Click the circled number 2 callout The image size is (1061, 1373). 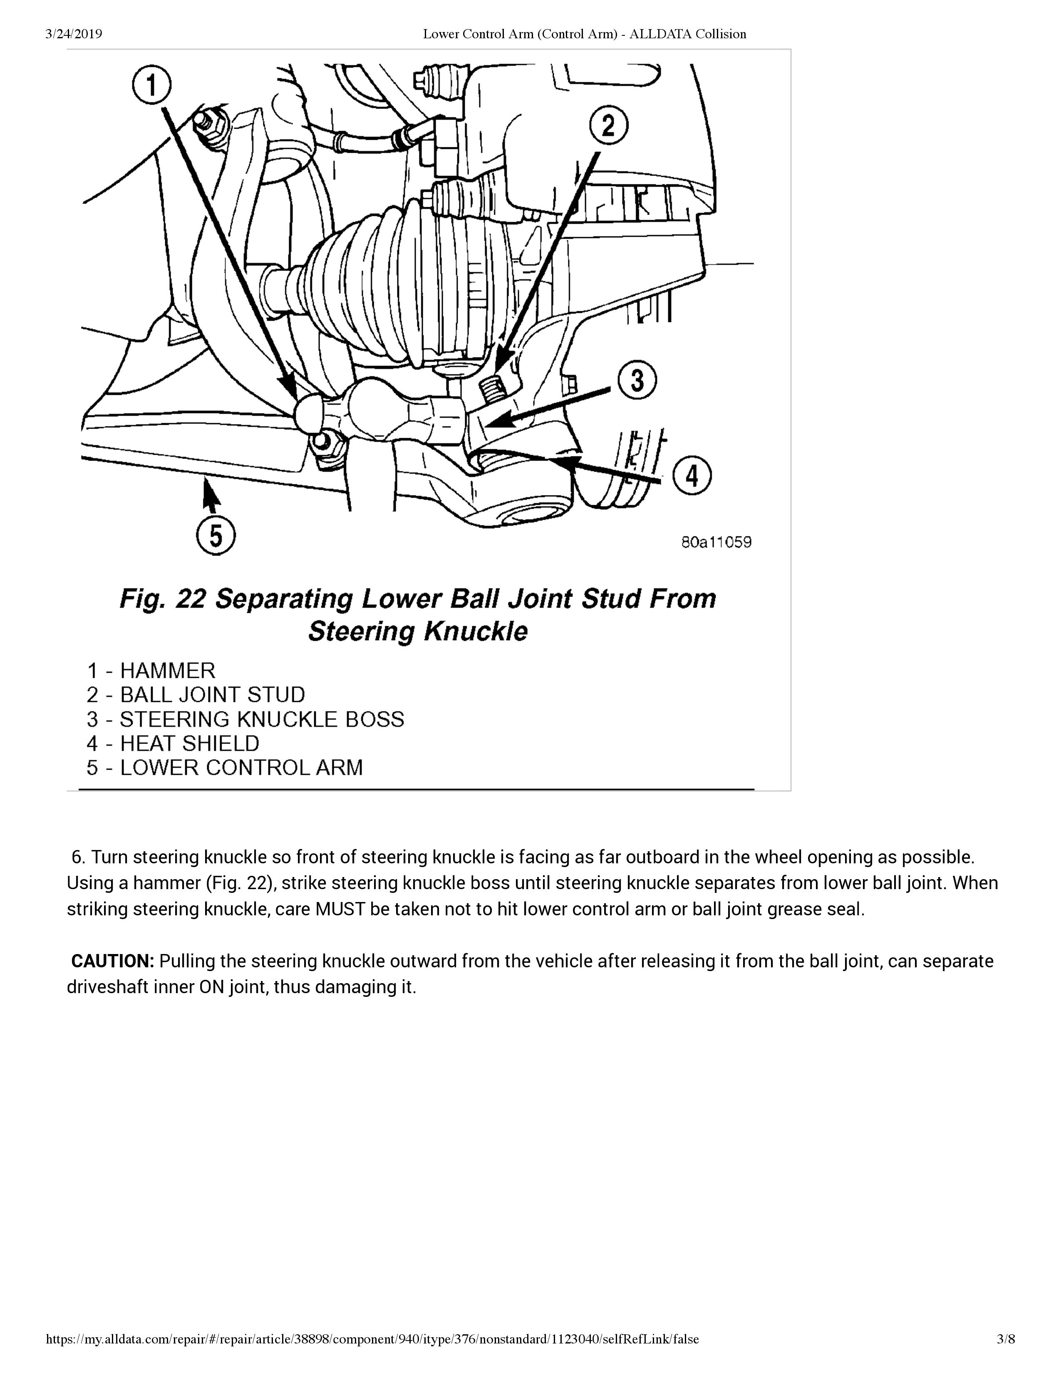click(608, 126)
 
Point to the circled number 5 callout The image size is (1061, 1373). click(216, 536)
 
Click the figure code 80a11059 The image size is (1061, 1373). click(716, 542)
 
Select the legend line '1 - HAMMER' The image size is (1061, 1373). click(151, 671)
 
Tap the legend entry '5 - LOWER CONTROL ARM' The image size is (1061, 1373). click(224, 768)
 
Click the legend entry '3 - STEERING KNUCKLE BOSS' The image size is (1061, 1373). click(245, 719)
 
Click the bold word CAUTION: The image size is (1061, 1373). click(112, 961)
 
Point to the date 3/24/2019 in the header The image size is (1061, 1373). click(74, 34)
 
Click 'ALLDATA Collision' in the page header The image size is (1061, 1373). click(688, 34)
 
